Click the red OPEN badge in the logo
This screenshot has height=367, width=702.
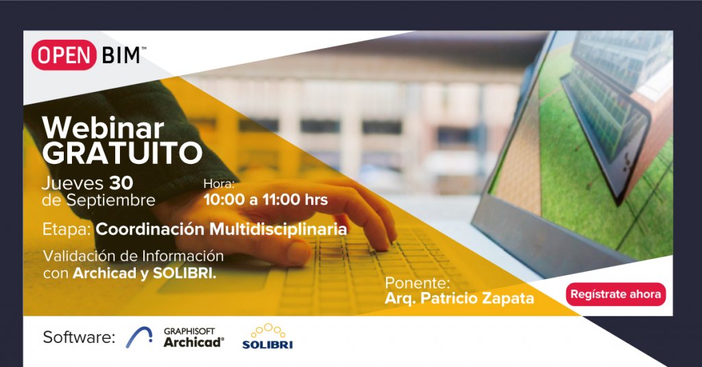coord(64,55)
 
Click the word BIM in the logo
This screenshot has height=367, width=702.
coord(121,56)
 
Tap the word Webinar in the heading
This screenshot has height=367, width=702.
coord(103,128)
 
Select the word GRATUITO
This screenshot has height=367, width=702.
coord(122,153)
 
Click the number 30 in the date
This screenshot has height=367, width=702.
coord(121,183)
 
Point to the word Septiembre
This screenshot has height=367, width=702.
coord(110,200)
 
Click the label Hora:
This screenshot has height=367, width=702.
coord(219,184)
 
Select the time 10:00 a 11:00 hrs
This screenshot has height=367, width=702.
coord(266,200)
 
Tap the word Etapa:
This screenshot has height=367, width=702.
coord(66,229)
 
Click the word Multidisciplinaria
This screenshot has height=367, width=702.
coord(278,229)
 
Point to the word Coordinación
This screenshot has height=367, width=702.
coord(150,229)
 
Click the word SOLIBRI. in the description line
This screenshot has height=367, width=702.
coord(184,273)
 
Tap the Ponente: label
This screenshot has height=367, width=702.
coord(417,283)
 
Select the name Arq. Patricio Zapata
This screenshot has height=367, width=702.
coord(459,298)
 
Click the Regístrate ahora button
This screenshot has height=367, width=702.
coord(616,294)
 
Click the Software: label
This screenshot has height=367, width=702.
coord(80,337)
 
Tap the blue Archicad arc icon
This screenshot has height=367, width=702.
coord(139,338)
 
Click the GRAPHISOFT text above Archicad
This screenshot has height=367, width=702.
coord(189,331)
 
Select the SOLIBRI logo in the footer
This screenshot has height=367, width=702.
coord(267,336)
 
